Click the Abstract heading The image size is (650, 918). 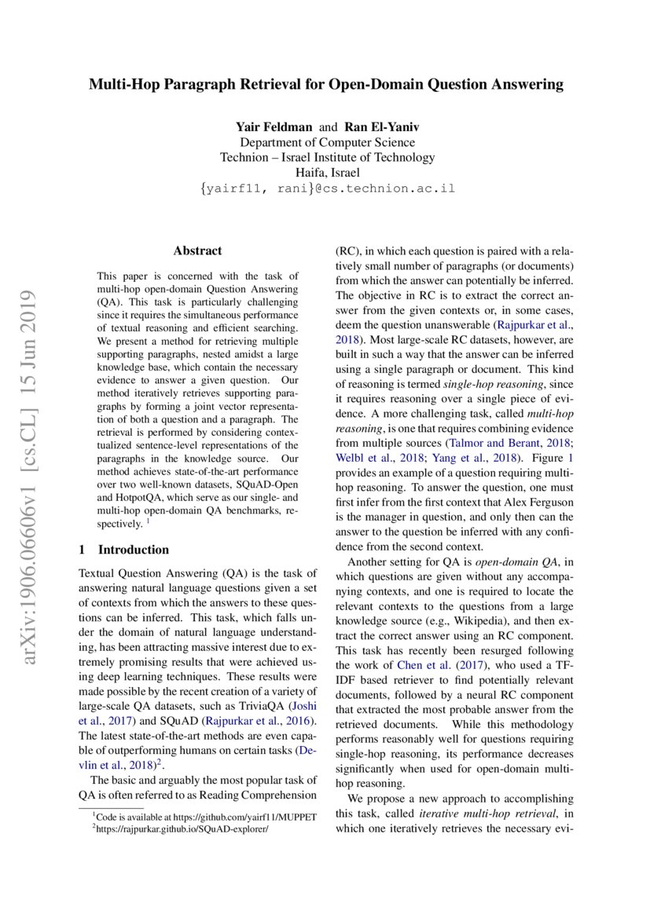click(x=197, y=251)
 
